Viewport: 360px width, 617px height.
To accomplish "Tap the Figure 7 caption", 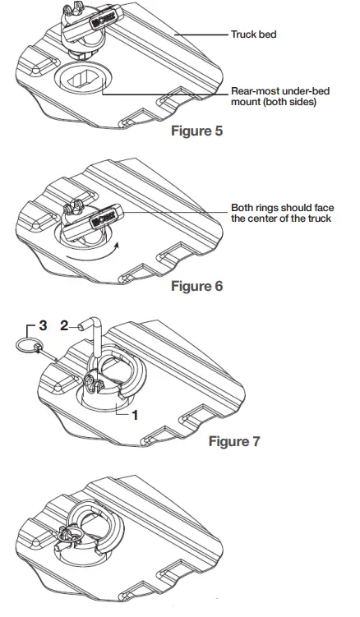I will pyautogui.click(x=234, y=441).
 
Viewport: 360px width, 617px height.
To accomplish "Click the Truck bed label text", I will pyautogui.click(x=253, y=36).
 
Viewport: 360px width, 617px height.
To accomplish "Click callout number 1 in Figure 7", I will pyautogui.click(x=135, y=415).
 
